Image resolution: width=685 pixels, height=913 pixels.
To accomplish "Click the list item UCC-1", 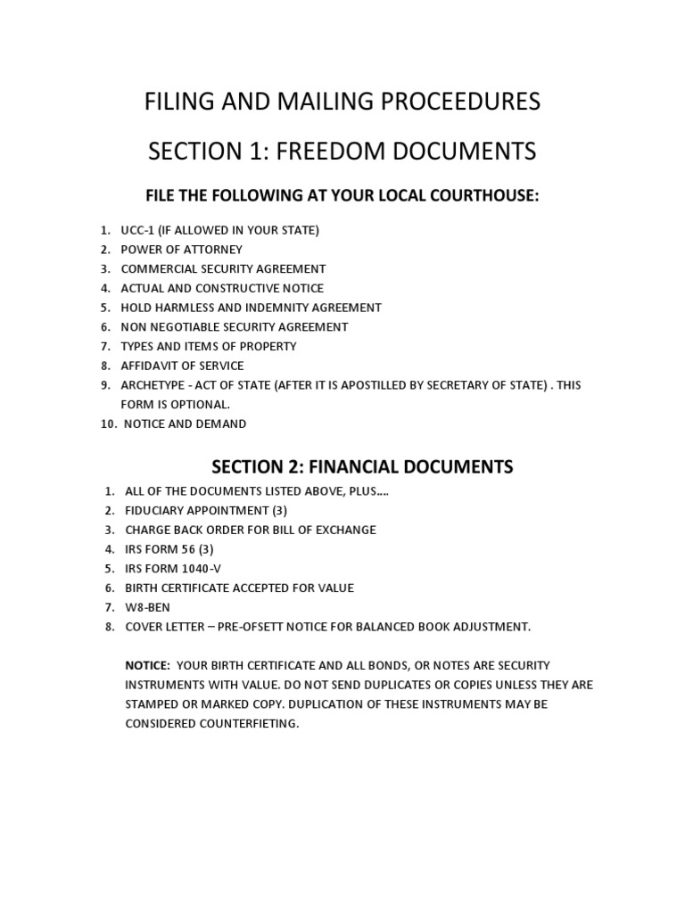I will (138, 230).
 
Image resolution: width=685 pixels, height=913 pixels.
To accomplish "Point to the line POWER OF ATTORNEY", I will (181, 250).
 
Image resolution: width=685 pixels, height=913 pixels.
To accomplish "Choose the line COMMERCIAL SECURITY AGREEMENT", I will (223, 268).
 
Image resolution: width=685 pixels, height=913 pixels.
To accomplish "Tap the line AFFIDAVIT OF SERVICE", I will (182, 366).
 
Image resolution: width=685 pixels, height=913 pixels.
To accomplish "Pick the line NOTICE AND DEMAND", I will (185, 424).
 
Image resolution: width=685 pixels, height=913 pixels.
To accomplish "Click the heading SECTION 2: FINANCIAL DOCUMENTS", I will (362, 466).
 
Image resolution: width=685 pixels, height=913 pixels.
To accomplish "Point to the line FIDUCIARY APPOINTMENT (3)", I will (205, 510).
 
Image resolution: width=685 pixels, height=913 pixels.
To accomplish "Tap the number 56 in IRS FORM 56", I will (187, 549).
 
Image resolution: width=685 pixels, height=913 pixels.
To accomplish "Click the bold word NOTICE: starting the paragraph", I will (147, 665).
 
